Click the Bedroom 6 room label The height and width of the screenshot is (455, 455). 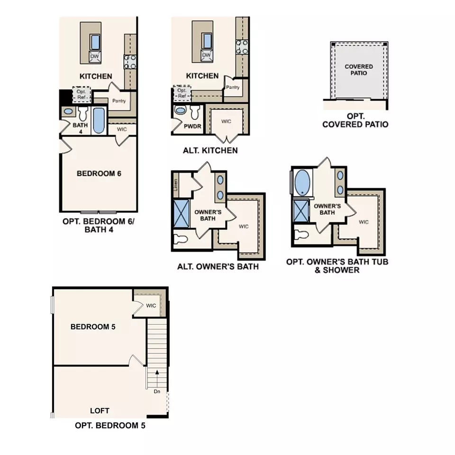[99, 173]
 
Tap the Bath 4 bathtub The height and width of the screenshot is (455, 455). [99, 121]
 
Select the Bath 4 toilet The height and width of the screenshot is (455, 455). [84, 113]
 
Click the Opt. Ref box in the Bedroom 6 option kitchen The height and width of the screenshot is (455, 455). [81, 94]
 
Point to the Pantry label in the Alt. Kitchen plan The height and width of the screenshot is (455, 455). [232, 87]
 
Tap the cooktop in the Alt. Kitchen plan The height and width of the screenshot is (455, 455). [242, 46]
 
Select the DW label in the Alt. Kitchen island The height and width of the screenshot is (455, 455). [206, 55]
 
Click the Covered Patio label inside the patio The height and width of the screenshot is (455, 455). [359, 70]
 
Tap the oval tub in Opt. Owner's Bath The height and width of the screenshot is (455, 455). [302, 182]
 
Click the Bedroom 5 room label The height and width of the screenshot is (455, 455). [93, 327]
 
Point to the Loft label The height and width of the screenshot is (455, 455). [100, 410]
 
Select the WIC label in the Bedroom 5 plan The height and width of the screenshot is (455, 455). [151, 306]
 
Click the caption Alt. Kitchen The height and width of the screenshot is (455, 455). [210, 151]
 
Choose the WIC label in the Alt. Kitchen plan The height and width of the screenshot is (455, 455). [226, 121]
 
